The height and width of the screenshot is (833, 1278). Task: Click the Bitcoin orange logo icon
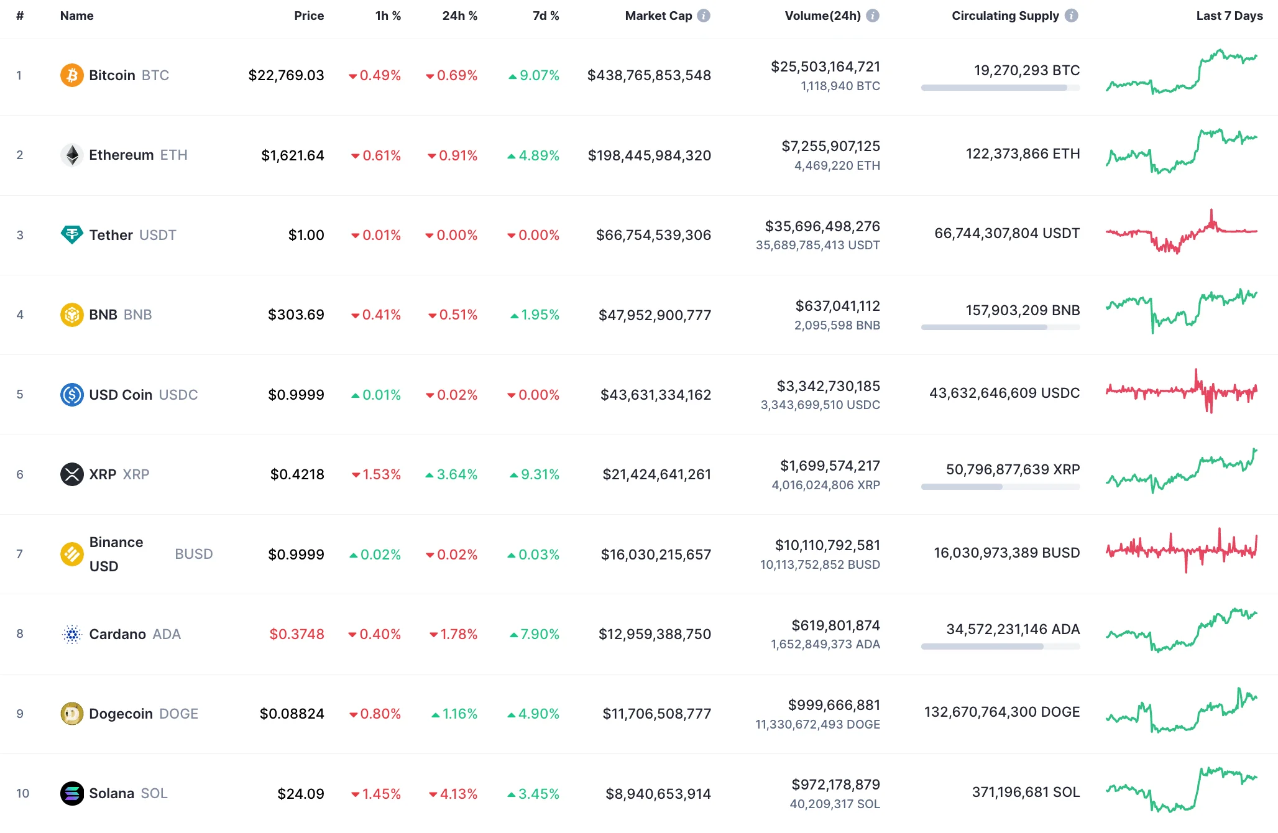(71, 75)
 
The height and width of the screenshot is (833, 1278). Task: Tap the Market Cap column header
(658, 16)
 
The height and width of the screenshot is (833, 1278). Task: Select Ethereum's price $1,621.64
(292, 155)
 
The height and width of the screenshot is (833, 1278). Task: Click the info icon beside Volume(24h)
(873, 16)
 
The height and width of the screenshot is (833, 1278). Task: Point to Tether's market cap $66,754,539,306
(653, 235)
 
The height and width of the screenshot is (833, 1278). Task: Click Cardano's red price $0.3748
(297, 634)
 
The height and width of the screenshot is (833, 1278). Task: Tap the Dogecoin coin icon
(71, 714)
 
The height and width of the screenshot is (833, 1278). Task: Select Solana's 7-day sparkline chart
(1181, 789)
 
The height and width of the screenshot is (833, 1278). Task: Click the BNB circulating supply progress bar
(1000, 327)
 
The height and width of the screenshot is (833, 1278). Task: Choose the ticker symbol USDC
(178, 395)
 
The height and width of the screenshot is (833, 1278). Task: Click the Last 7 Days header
(1229, 16)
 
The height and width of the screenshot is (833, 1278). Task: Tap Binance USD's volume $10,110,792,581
(827, 546)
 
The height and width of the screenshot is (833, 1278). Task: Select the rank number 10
(22, 793)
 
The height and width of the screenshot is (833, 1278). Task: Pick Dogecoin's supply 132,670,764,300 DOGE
(1001, 712)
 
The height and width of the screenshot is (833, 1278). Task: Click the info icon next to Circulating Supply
(1071, 16)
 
